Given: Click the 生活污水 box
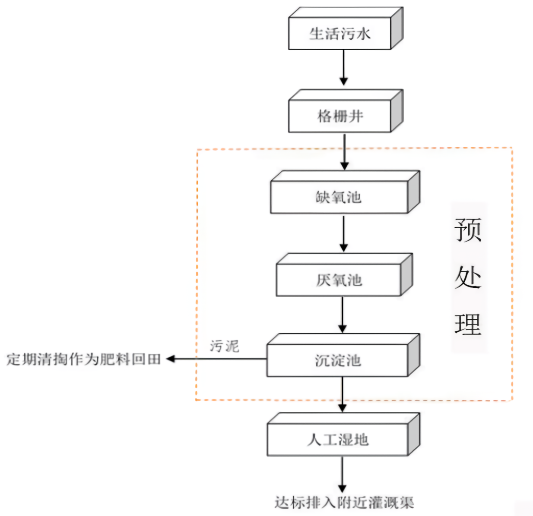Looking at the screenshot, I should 339,34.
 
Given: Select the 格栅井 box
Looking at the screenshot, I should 339,116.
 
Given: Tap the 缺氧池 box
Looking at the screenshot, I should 339,197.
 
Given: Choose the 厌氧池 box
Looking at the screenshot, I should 339,280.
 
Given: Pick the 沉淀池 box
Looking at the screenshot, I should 337,360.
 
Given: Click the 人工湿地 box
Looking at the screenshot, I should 337,440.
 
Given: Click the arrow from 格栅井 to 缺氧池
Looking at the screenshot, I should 344,151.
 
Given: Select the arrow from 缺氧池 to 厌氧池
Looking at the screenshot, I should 343,233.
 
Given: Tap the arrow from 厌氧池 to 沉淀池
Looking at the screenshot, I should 343,315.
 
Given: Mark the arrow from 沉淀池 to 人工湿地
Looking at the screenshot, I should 343,394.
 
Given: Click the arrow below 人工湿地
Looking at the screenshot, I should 342,475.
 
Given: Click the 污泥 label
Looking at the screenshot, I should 224,346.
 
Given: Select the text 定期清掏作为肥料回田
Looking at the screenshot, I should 84,359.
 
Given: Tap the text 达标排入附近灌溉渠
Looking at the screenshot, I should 344,503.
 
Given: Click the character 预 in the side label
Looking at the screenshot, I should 468,230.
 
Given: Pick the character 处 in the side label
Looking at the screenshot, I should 468,277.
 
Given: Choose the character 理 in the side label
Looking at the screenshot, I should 468,324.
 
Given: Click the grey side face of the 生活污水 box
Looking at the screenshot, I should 397,28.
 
